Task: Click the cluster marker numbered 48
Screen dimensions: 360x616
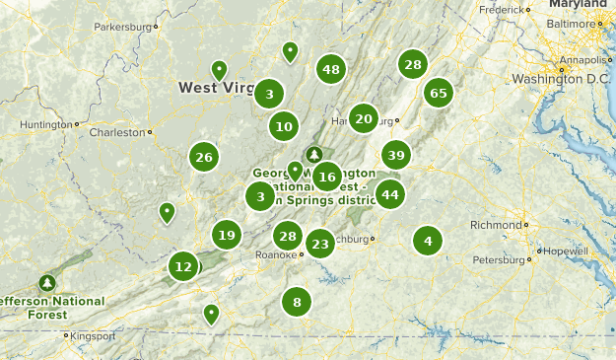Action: pyautogui.click(x=331, y=69)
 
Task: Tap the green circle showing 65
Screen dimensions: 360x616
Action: pyautogui.click(x=439, y=94)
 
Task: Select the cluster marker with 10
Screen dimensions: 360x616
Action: pyautogui.click(x=284, y=126)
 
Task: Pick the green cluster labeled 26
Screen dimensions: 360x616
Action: pyautogui.click(x=204, y=157)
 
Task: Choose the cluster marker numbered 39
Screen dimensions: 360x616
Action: pyautogui.click(x=396, y=155)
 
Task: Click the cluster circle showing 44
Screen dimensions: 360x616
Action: pyautogui.click(x=390, y=194)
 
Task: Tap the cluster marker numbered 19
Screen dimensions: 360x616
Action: pyautogui.click(x=227, y=235)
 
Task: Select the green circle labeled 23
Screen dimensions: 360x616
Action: pyautogui.click(x=319, y=244)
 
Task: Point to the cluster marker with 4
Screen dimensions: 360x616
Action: pyautogui.click(x=428, y=240)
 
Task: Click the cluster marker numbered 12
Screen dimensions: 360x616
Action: pyautogui.click(x=182, y=266)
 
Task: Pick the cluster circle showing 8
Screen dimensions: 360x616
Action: pyautogui.click(x=297, y=302)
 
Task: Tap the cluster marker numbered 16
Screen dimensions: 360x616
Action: pyautogui.click(x=327, y=178)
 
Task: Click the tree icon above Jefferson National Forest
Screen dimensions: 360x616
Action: pyautogui.click(x=46, y=282)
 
